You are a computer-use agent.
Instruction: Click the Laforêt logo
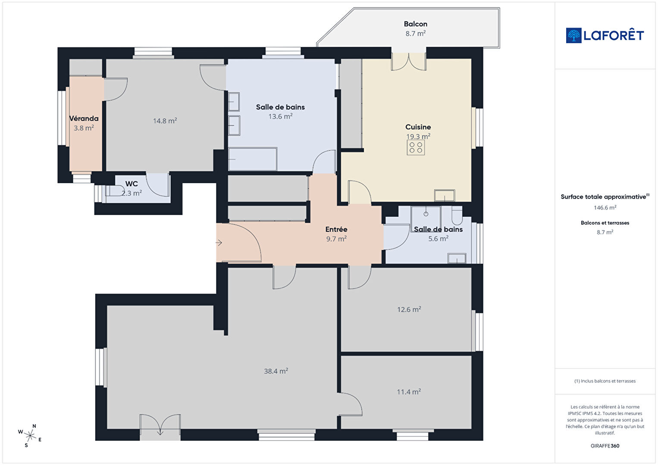pyautogui.click(x=605, y=35)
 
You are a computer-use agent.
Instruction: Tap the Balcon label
pyautogui.click(x=415, y=24)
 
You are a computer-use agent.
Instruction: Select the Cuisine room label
pyautogui.click(x=418, y=127)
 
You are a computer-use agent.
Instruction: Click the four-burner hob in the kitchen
pyautogui.click(x=416, y=147)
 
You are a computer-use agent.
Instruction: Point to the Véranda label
pyautogui.click(x=84, y=119)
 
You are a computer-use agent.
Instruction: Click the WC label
pyautogui.click(x=132, y=184)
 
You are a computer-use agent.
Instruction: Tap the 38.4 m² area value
pyautogui.click(x=276, y=371)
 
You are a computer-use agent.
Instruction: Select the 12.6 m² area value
pyautogui.click(x=409, y=309)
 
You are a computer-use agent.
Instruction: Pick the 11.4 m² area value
pyautogui.click(x=409, y=392)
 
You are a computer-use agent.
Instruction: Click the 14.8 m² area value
pyautogui.click(x=165, y=121)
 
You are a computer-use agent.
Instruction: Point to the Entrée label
pyautogui.click(x=336, y=229)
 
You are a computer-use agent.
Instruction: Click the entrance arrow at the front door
pyautogui.click(x=219, y=243)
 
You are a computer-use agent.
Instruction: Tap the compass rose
pyautogui.click(x=30, y=436)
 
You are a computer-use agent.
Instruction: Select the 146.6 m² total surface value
pyautogui.click(x=605, y=208)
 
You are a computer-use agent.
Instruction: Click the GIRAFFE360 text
pyautogui.click(x=605, y=446)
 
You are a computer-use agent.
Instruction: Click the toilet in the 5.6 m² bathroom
pyautogui.click(x=457, y=215)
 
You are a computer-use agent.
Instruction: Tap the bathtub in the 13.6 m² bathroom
pyautogui.click(x=253, y=159)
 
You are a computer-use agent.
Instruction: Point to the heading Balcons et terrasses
pyautogui.click(x=605, y=223)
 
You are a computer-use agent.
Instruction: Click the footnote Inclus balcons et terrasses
pyautogui.click(x=605, y=381)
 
